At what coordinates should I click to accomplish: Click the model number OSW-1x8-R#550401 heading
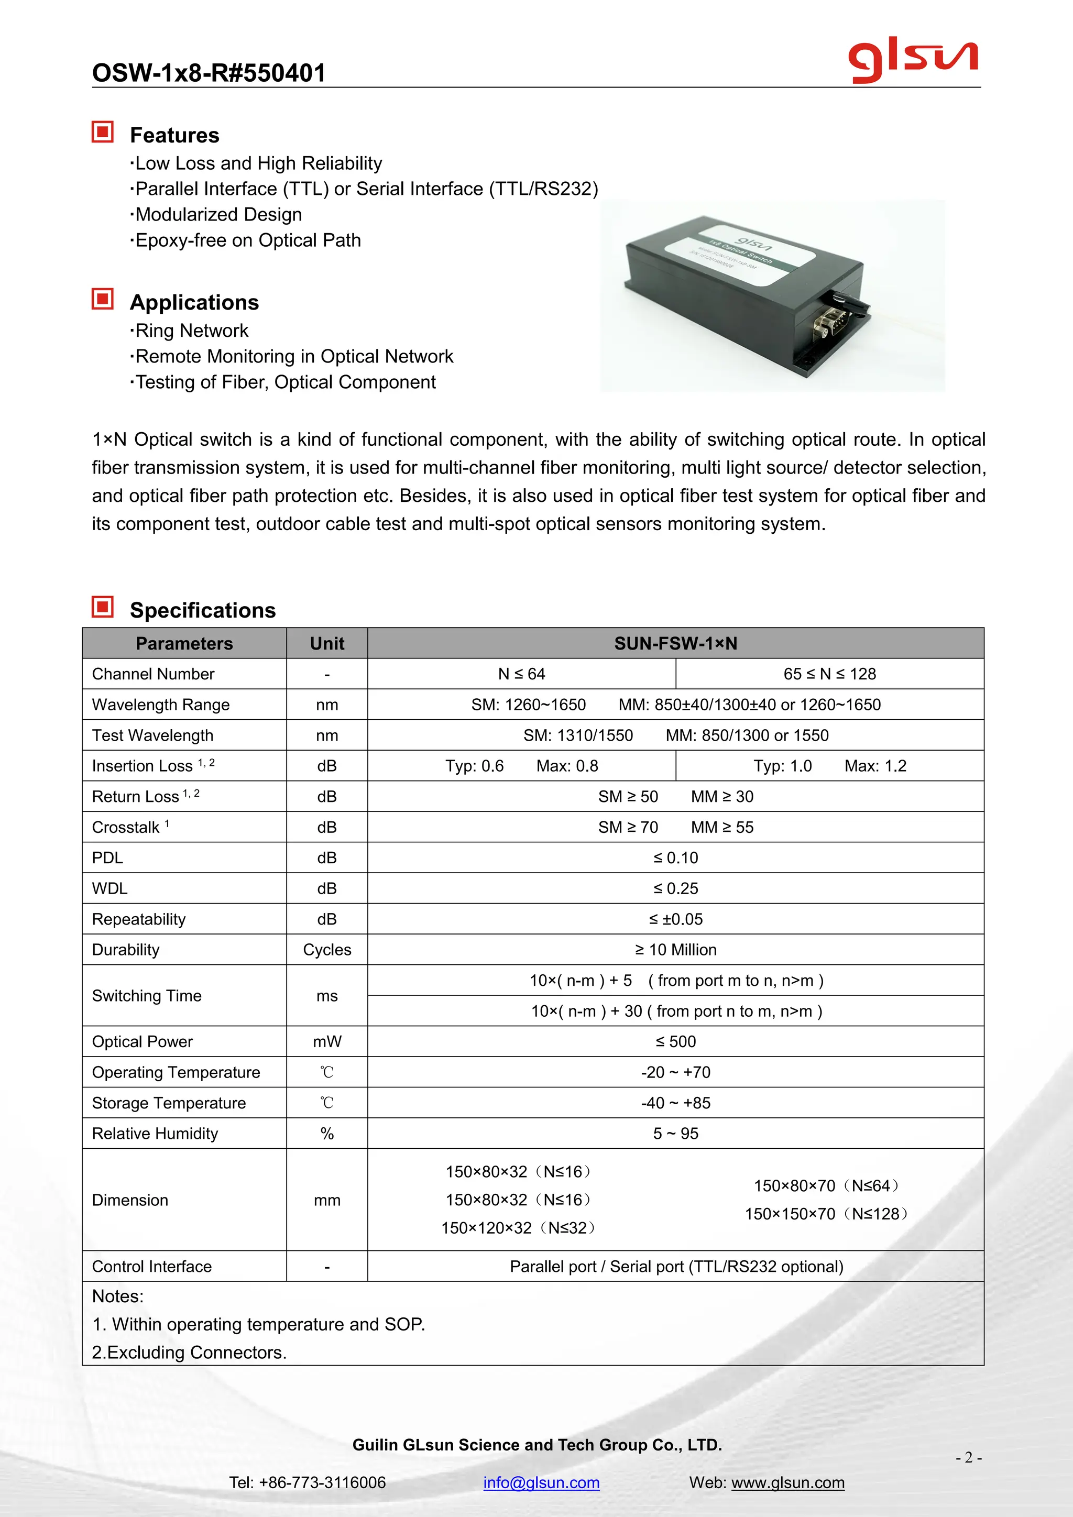click(209, 73)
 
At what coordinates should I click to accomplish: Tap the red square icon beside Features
click(102, 132)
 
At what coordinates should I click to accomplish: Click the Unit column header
click(327, 644)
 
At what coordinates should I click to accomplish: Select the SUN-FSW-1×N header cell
click(675, 644)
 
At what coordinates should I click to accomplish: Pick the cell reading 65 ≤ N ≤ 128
click(829, 674)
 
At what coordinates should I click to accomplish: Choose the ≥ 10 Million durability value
click(675, 950)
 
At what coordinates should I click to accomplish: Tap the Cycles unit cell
click(327, 950)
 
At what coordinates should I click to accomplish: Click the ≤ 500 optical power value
click(675, 1041)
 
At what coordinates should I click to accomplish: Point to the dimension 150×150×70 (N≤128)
click(827, 1214)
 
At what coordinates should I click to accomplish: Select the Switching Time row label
click(147, 996)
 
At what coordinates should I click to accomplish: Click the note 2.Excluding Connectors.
click(189, 1353)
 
